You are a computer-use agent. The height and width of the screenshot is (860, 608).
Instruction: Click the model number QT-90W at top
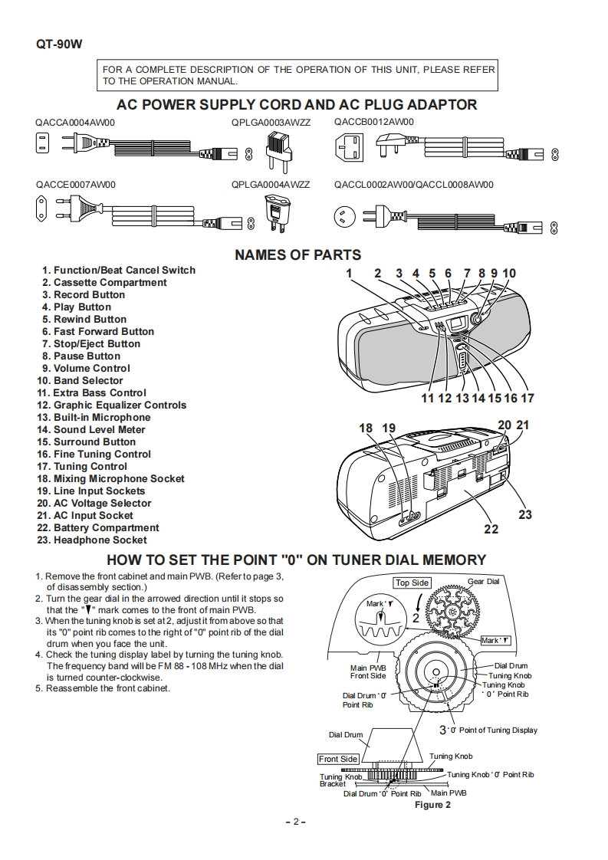pos(58,44)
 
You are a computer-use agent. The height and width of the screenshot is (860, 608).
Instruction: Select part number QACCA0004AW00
pos(74,122)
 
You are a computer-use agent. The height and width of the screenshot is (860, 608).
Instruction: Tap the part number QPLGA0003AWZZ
pos(271,122)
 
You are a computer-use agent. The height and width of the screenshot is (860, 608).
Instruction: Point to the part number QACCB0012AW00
pos(373,122)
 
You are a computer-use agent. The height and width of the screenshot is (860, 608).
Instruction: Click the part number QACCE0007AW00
pos(74,185)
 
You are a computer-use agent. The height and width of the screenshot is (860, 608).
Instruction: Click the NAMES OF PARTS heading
pos(297,255)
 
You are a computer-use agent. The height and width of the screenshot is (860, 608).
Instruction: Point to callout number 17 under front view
pos(527,398)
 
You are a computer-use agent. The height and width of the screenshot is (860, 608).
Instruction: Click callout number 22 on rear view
pos(491,528)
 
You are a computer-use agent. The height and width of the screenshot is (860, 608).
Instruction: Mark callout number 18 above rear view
pos(366,428)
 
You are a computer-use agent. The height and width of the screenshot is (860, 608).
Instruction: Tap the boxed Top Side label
pos(412,583)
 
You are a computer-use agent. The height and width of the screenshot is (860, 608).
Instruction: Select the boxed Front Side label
pos(338,759)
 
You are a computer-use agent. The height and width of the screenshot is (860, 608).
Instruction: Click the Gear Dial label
pos(483,581)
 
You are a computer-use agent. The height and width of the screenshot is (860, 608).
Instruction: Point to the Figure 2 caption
pos(432,805)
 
